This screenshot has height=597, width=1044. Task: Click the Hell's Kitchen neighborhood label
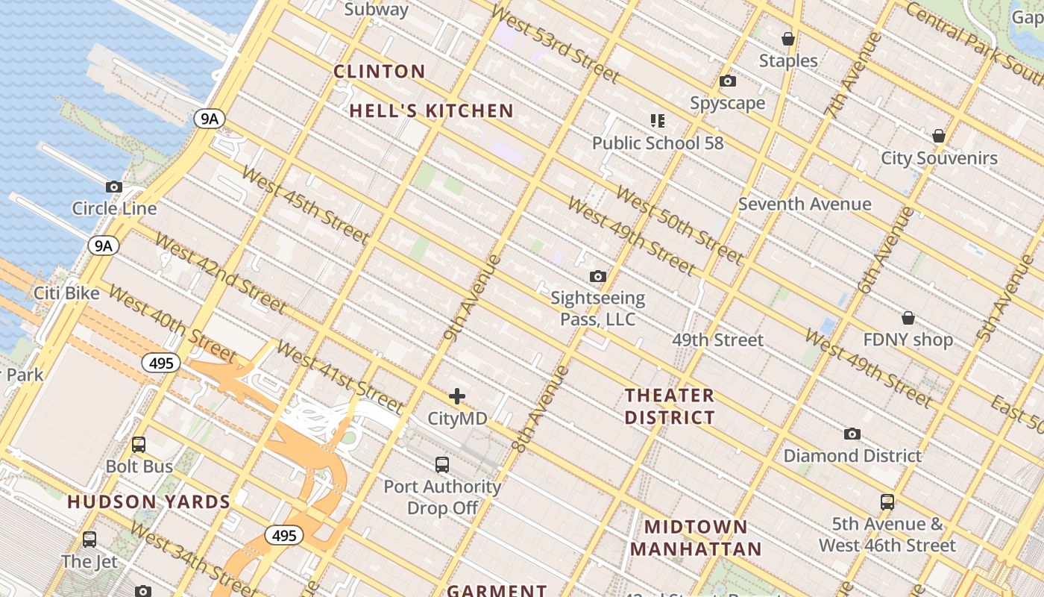coord(432,111)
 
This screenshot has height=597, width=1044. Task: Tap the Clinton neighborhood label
coord(379,72)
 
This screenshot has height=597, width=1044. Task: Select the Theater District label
coord(670,406)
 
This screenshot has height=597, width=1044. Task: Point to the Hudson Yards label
coord(149,501)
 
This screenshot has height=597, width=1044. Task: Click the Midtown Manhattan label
coord(696,538)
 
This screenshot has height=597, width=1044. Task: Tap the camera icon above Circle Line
coord(114,187)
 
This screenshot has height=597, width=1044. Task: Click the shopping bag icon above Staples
coord(787,39)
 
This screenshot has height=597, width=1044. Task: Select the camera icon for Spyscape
coord(728,81)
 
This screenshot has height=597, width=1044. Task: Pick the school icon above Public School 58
coord(657,120)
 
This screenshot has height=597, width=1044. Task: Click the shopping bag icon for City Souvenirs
coord(939,136)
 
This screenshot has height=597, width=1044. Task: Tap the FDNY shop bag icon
coord(908,318)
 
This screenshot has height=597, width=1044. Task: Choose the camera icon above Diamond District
coord(852,434)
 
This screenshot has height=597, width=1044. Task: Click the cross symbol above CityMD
coord(457,396)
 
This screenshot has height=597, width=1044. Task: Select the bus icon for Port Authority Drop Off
coord(442,464)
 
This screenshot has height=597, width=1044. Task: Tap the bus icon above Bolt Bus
coord(139,444)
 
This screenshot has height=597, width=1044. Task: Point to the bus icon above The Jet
coord(89,539)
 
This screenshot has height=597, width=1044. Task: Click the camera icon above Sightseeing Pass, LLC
coord(597,276)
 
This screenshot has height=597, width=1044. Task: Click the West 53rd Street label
coord(555,45)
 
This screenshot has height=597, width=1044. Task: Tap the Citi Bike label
coord(66,293)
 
